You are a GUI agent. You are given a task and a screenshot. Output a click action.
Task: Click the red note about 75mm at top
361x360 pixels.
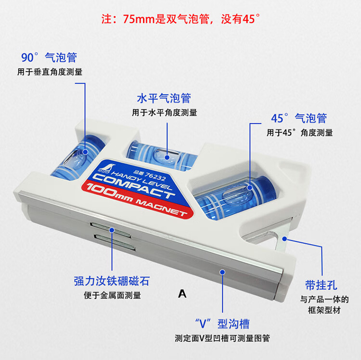pos(180,19)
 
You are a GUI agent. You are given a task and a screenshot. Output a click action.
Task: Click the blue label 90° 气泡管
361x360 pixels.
pos(49,57)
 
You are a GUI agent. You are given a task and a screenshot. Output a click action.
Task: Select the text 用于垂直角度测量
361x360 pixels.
pos(50,72)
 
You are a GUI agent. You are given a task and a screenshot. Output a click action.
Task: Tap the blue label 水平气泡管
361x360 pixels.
pos(164,98)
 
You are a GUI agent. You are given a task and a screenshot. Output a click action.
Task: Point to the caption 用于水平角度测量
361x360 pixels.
pos(165,113)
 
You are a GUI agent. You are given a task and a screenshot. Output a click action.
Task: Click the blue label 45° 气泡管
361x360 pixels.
pos(299,118)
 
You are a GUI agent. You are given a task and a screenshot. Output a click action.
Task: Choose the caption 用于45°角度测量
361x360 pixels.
pos(299,133)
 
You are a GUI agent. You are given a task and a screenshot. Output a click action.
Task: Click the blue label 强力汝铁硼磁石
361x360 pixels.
pos(112,281)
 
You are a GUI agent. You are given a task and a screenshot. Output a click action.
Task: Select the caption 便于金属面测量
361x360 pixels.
pos(112,296)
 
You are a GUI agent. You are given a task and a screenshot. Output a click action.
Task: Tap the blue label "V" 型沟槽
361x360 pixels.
pos(222,323)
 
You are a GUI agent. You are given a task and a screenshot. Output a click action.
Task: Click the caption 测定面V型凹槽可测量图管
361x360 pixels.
pos(222,338)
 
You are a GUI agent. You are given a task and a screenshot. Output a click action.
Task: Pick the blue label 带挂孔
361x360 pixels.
pos(322,285)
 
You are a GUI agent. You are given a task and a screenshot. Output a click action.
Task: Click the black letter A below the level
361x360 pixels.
pos(182,294)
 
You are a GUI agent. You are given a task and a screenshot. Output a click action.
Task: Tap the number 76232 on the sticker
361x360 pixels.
pos(155,176)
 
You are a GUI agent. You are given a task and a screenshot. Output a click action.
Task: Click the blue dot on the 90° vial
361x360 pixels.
pos(85,152)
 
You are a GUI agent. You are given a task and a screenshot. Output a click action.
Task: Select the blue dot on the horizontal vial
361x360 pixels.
pos(167,157)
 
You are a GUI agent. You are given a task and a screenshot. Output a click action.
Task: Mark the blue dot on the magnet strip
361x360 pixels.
pos(112,230)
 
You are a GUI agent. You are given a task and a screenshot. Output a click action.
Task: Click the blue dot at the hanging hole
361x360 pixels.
pos(284,239)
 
